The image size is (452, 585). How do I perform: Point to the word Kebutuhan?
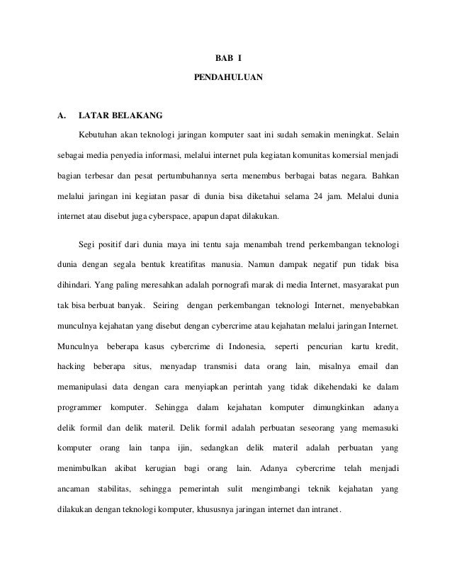coord(99,134)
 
